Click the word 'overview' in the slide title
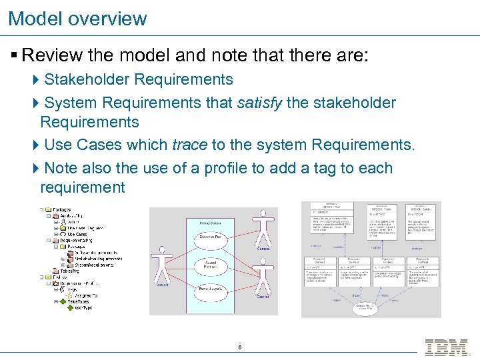coord(107,18)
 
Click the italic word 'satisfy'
coord(259,103)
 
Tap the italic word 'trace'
coord(190,145)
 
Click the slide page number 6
coord(239,347)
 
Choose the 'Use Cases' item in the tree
coord(77,234)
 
